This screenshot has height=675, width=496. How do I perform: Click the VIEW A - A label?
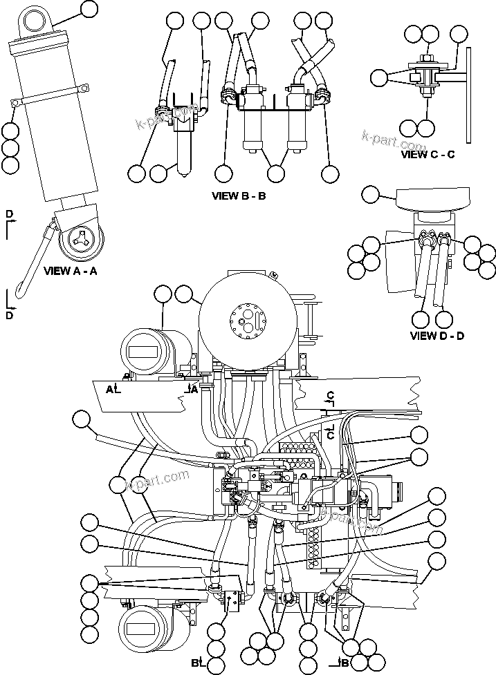[70, 272]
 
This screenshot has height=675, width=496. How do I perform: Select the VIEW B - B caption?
[239, 196]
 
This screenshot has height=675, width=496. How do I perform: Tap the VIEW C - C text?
[428, 154]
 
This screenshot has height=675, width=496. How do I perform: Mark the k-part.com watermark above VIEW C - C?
[392, 142]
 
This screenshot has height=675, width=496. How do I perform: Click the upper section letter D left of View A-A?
[9, 214]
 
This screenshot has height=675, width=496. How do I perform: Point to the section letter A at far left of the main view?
[109, 390]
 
